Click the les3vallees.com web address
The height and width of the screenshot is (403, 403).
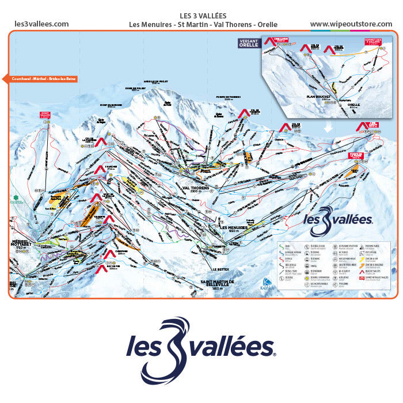(x=41, y=24)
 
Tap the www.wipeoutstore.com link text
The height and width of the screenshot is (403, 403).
(x=352, y=24)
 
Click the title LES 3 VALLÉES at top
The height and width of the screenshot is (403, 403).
(x=203, y=16)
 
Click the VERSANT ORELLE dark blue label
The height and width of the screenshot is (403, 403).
(x=249, y=44)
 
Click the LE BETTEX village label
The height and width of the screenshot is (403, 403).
(x=221, y=269)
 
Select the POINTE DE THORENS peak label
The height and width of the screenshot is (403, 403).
(x=227, y=98)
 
